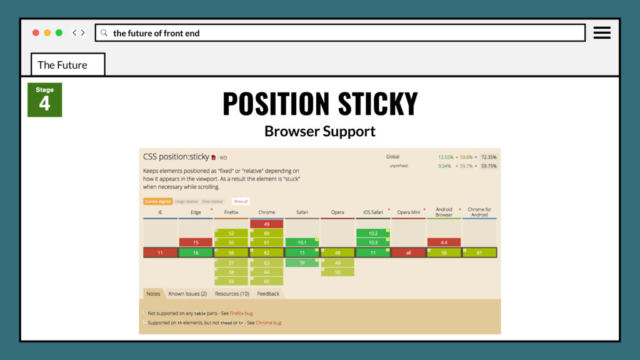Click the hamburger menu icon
point(602,32)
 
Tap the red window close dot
point(36,32)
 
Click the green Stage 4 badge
point(44,100)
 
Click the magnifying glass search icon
point(104,32)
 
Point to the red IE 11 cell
point(160,252)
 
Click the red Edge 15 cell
point(196,242)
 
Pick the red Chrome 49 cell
point(266,223)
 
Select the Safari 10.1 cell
point(302,242)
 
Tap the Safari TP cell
point(302,263)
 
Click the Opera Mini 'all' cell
point(408,252)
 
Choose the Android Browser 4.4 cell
point(444,242)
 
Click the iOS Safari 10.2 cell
point(373,233)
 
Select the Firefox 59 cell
point(231,281)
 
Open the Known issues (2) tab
point(187,294)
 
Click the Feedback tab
point(268,294)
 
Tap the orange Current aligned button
point(157,201)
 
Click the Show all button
point(241,201)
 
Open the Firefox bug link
point(241,313)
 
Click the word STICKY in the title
point(377,104)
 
